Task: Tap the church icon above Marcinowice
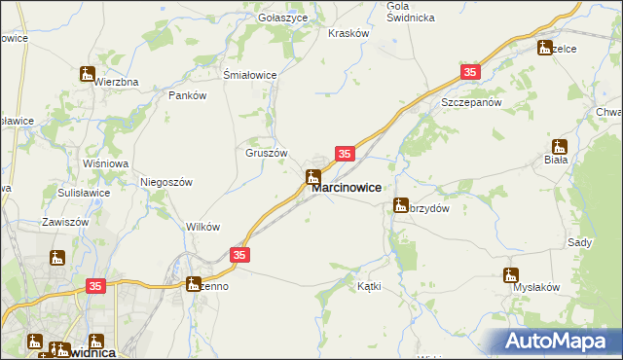(x=313, y=177)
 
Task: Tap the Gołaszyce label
(x=283, y=18)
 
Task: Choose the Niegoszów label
(x=168, y=182)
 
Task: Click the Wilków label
(x=202, y=226)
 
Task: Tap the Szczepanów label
(x=470, y=102)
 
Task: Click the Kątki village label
(x=369, y=286)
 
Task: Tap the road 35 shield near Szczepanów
(x=471, y=73)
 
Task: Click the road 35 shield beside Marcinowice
(x=345, y=154)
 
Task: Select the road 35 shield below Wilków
(x=240, y=254)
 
